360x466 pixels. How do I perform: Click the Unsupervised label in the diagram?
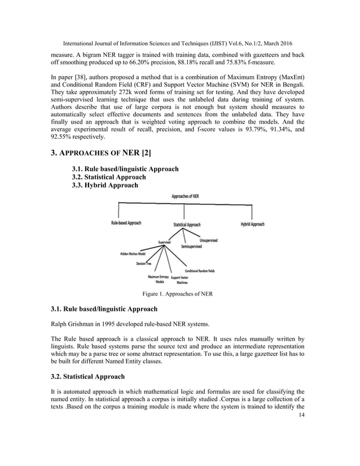tap(208, 240)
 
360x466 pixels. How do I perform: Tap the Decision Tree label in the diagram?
tap(143, 263)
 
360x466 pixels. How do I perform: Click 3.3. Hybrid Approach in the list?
tap(105, 185)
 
